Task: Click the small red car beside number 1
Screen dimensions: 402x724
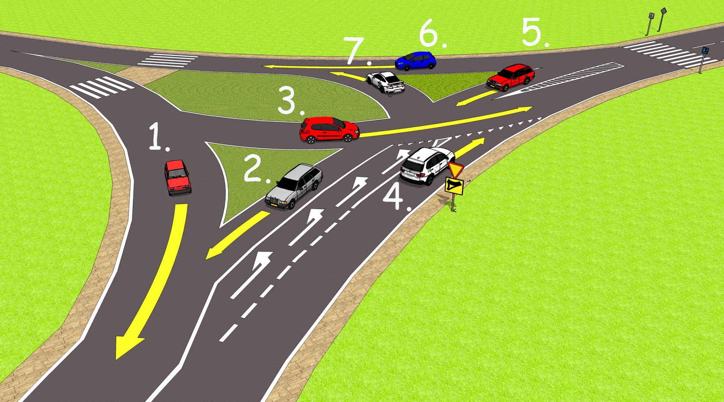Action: click(x=177, y=177)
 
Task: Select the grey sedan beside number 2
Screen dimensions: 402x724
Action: click(x=294, y=186)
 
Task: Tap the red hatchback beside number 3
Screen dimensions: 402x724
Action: click(x=329, y=130)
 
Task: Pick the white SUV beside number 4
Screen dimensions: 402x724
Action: click(x=427, y=165)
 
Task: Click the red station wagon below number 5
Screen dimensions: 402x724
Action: click(x=511, y=77)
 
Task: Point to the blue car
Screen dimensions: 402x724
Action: click(x=415, y=61)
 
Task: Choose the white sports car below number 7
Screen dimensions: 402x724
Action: click(x=385, y=82)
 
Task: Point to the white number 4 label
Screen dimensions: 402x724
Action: click(x=394, y=198)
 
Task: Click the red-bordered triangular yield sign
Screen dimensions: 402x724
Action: click(x=455, y=169)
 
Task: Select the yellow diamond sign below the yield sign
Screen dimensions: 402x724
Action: click(x=454, y=185)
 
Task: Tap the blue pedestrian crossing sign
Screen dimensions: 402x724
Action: click(x=705, y=51)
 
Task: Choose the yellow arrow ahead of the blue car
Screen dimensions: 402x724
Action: click(x=328, y=67)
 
